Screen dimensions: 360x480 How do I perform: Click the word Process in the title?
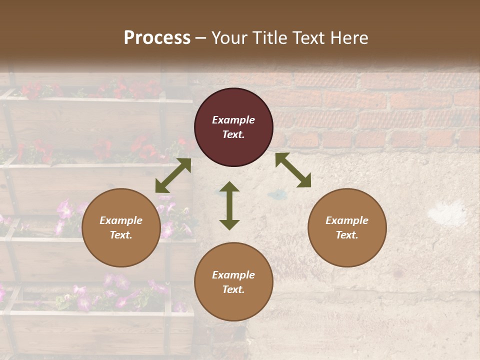pyautogui.click(x=157, y=38)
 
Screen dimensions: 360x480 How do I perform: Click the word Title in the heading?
pyautogui.click(x=270, y=38)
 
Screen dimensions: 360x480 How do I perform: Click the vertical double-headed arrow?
pyautogui.click(x=229, y=205)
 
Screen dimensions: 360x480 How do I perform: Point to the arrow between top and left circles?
pyautogui.click(x=173, y=175)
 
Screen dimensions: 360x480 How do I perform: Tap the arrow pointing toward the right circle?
pyautogui.click(x=293, y=170)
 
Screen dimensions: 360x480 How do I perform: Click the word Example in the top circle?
pyautogui.click(x=233, y=120)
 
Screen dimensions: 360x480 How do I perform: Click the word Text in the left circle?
pyautogui.click(x=121, y=235)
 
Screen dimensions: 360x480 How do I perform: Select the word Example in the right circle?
pyautogui.click(x=347, y=220)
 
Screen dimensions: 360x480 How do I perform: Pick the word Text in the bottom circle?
pyautogui.click(x=233, y=289)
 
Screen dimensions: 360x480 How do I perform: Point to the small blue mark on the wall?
pyautogui.click(x=274, y=193)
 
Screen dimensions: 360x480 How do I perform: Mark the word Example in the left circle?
pyautogui.click(x=121, y=220)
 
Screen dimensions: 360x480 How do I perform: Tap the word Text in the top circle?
pyautogui.click(x=233, y=134)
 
